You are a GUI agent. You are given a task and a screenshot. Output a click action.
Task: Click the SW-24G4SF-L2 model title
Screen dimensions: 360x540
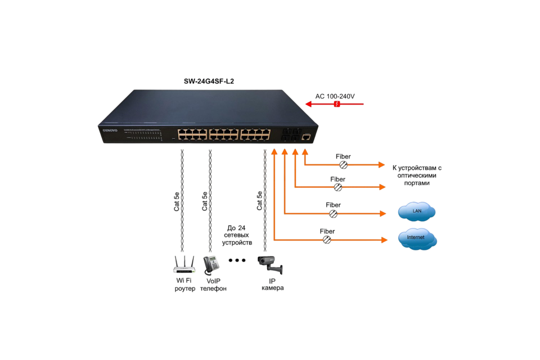209,81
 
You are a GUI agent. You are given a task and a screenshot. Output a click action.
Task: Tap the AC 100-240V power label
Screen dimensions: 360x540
335,96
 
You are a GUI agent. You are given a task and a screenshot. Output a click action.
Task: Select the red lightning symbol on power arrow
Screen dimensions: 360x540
337,104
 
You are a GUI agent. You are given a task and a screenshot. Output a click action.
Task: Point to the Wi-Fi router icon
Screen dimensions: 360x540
184,264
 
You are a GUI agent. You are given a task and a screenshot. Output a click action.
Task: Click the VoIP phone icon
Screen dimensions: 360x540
211,264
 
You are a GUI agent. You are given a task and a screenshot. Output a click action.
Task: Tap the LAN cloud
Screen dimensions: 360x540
417,211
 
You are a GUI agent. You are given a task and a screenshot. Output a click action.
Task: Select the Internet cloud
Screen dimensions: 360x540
417,238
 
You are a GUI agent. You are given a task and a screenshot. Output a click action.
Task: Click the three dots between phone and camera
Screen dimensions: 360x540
237,260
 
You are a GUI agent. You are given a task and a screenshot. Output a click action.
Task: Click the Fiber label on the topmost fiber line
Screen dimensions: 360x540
343,156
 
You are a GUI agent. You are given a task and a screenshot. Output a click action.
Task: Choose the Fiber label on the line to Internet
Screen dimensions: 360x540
327,231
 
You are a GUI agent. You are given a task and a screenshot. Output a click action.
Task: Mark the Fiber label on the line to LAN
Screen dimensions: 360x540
333,205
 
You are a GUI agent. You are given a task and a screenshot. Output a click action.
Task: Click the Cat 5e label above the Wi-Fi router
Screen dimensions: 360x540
177,201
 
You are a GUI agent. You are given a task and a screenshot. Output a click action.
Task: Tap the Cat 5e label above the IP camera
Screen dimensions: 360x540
259,201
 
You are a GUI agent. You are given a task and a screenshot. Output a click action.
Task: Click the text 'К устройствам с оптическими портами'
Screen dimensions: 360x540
417,174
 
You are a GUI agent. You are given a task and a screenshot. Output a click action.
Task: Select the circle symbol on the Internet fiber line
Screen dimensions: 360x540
327,240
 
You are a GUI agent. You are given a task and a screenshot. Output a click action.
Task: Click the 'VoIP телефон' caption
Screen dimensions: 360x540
213,284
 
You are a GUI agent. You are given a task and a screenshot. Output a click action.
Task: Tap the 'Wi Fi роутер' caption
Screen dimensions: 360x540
184,284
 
